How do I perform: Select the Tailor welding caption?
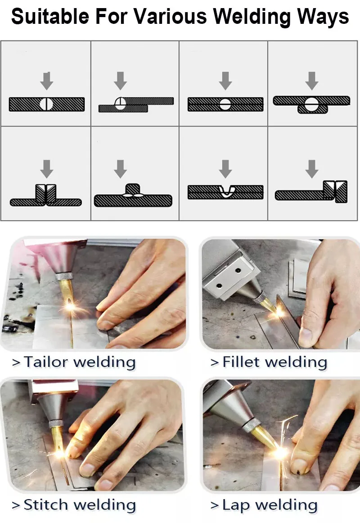(74, 362)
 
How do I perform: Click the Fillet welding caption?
(269, 362)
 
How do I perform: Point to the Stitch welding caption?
(74, 505)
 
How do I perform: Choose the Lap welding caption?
(264, 505)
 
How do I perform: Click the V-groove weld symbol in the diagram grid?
(226, 191)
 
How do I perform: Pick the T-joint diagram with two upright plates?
(46, 195)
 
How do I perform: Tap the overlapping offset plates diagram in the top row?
(136, 104)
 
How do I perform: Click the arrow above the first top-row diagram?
(47, 80)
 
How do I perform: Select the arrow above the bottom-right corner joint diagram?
(311, 169)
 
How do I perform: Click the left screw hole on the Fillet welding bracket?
(219, 286)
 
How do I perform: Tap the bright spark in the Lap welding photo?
(280, 452)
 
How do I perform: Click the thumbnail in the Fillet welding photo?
(306, 335)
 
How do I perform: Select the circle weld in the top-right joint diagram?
(311, 104)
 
